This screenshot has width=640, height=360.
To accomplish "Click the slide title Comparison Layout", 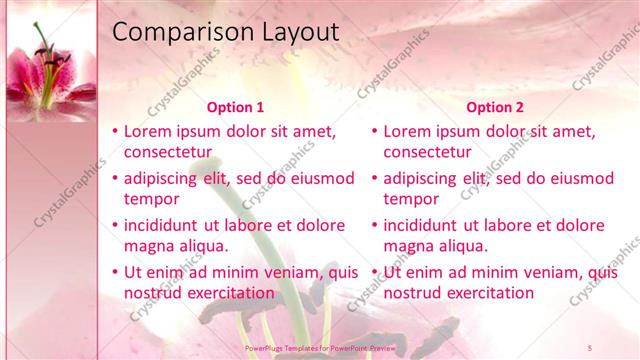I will point(225,32).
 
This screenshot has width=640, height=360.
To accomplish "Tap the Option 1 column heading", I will point(235,108).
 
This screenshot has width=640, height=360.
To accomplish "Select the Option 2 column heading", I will point(495,108).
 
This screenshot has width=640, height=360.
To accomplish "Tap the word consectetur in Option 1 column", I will point(168,152).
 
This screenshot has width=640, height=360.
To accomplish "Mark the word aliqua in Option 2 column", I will point(459,246).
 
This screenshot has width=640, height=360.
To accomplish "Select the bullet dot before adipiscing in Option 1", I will point(115,179).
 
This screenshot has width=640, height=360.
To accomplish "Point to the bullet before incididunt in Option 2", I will point(375,226).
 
